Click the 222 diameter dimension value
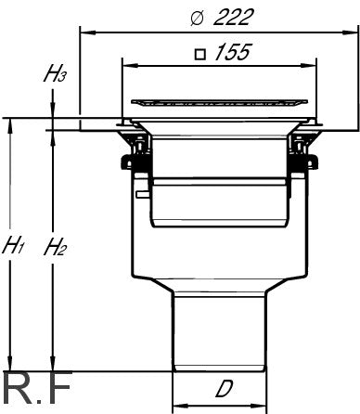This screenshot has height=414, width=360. [234, 17]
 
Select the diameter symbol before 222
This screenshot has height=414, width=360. [197, 19]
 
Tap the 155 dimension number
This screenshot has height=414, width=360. [232, 52]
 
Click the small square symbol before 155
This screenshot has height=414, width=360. [200, 54]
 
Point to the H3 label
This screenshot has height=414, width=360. [55, 75]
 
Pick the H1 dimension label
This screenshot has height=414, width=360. [12, 245]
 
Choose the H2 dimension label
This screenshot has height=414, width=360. [55, 247]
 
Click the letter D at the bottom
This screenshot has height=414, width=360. [225, 389]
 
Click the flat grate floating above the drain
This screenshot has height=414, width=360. [219, 103]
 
